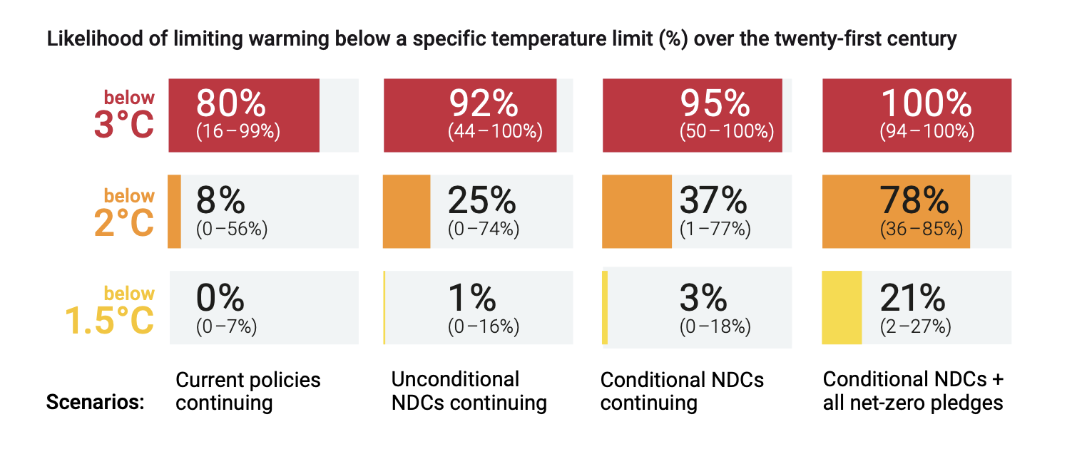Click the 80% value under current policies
230,105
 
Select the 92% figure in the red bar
483,105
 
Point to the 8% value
220,202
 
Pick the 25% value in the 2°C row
481,202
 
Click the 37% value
713,202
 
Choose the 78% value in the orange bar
915,202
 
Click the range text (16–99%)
238,131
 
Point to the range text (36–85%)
922,229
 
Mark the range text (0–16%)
484,326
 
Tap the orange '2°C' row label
124,222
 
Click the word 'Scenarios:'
95,403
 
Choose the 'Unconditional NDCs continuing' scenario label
469,391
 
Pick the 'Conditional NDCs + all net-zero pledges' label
913,391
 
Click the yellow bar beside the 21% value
842,308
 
